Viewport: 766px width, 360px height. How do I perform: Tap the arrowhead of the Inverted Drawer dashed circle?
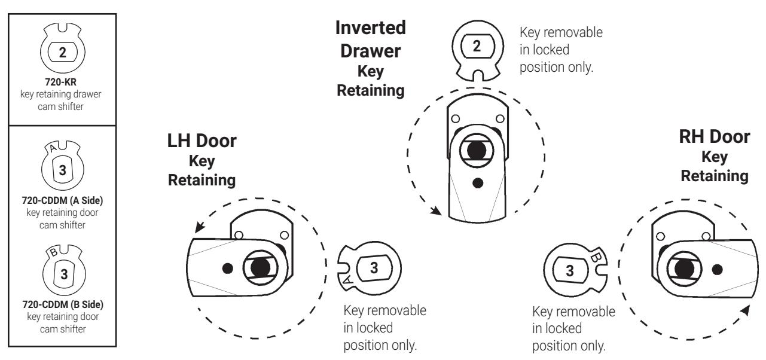(440, 210)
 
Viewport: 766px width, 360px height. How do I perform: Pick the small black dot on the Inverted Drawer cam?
(477, 182)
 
